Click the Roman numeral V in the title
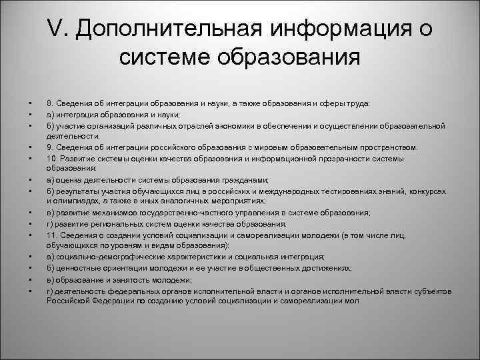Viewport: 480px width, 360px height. pyautogui.click(x=55, y=29)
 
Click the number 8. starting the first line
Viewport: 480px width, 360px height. pyautogui.click(x=50, y=104)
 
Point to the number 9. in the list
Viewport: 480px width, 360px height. pyautogui.click(x=50, y=147)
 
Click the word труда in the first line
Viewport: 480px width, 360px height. pyautogui.click(x=364, y=104)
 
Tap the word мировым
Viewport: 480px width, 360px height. pyautogui.click(x=293, y=147)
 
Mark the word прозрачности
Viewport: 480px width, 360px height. pyautogui.click(x=349, y=159)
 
